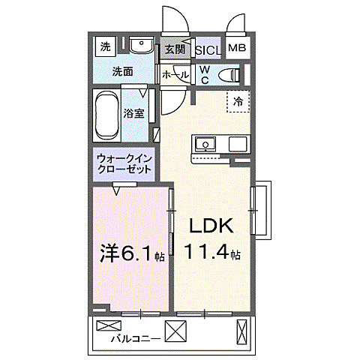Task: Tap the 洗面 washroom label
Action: pos(123,73)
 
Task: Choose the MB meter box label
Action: pos(236,49)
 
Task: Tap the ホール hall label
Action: pos(175,75)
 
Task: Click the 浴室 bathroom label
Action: pos(144,114)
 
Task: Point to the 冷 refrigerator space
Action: pos(238,100)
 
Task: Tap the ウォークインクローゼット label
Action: pos(124,163)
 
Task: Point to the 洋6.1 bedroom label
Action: pos(128,254)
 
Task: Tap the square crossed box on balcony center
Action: pos(176,329)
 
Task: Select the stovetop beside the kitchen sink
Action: pos(237,143)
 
